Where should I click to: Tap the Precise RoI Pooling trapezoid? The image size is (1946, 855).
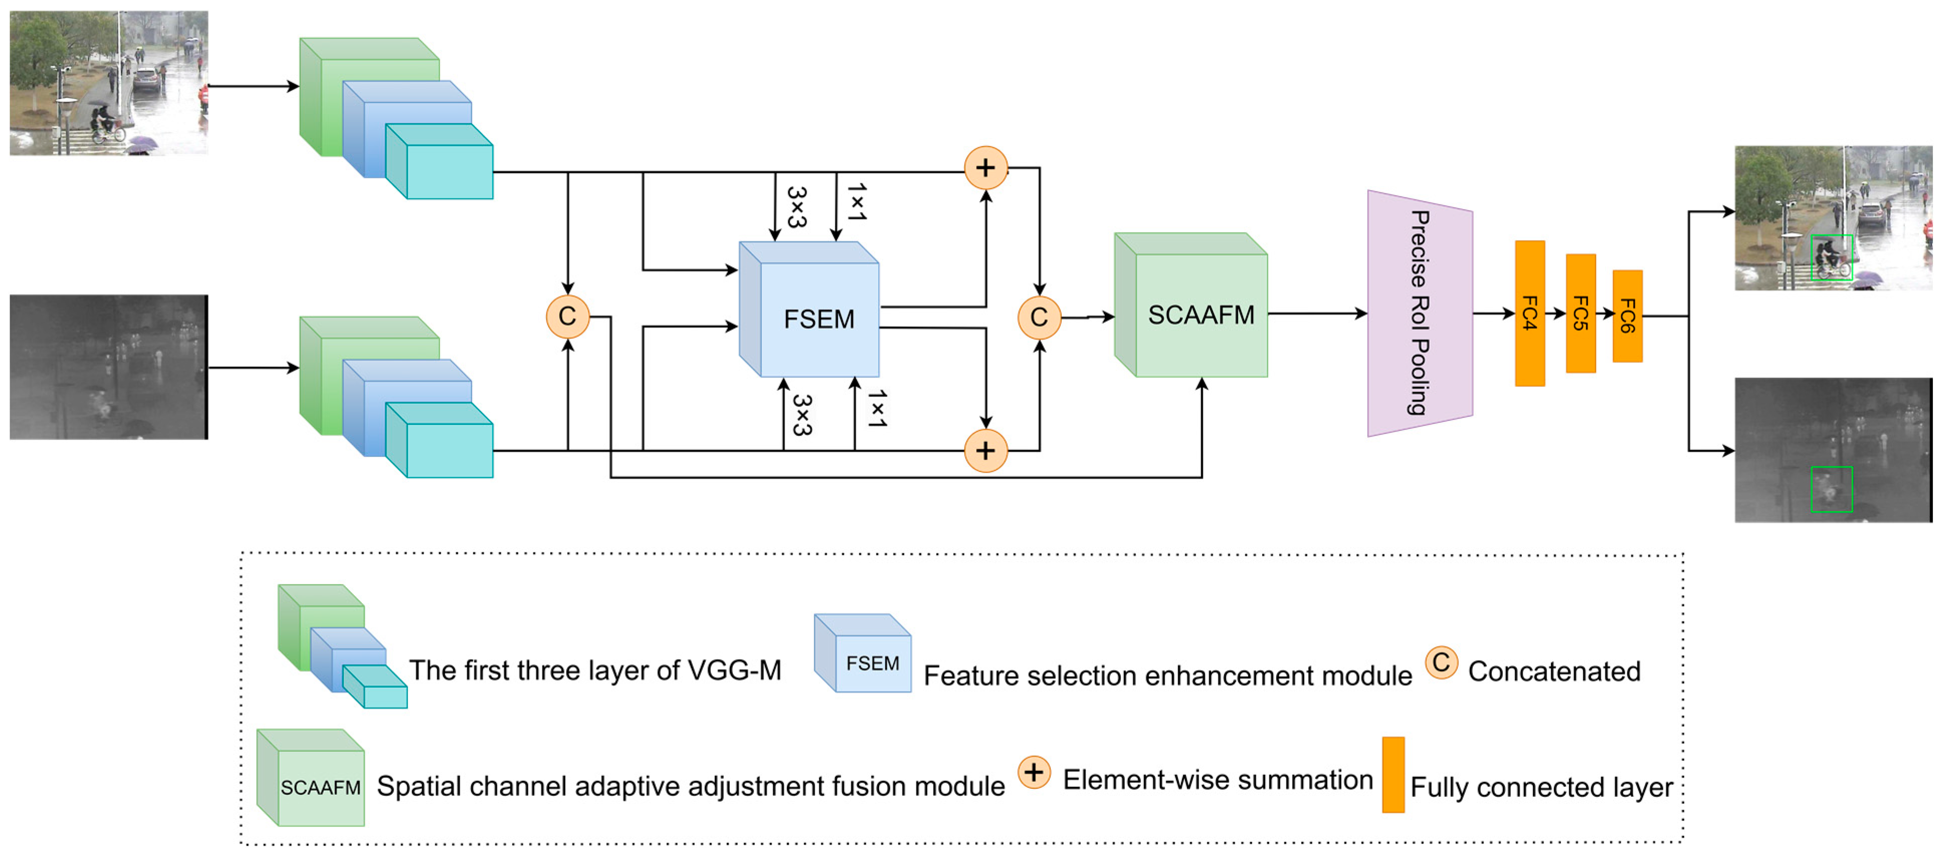pyautogui.click(x=1419, y=313)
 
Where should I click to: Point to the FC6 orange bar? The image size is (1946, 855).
pyautogui.click(x=1627, y=316)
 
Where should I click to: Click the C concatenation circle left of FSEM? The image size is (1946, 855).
pyautogui.click(x=567, y=316)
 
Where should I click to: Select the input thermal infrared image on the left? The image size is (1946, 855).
pyautogui.click(x=108, y=367)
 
